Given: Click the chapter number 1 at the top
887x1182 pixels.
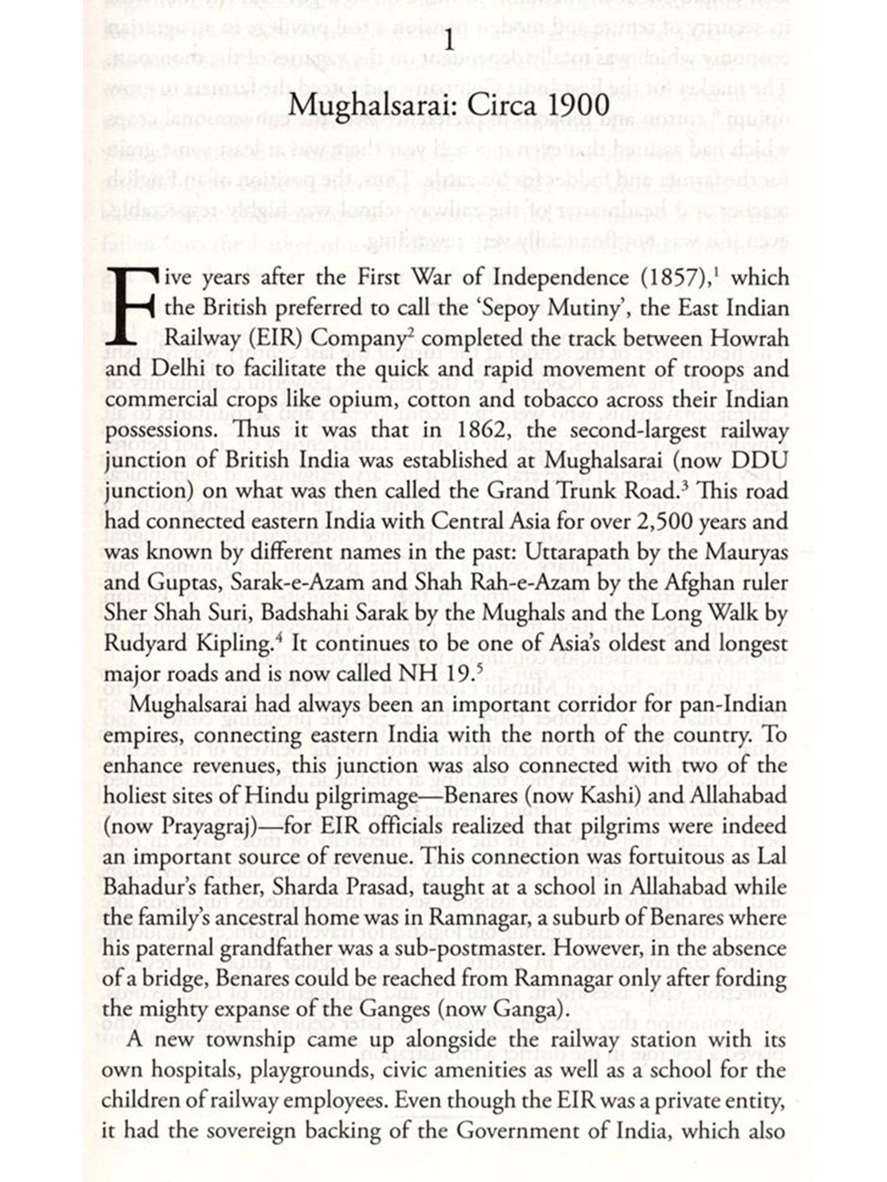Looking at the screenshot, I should point(450,43).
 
